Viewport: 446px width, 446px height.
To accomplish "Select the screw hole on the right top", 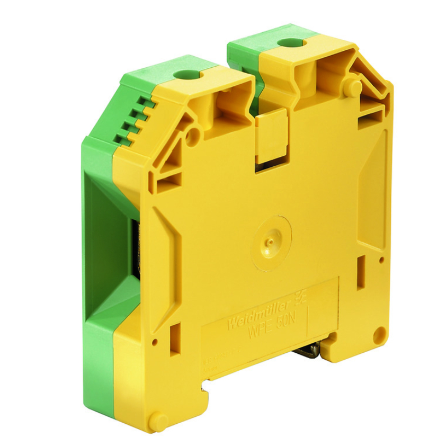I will pyautogui.click(x=289, y=42).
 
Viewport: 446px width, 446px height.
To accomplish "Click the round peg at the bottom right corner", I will pyautogui.click(x=378, y=334).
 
